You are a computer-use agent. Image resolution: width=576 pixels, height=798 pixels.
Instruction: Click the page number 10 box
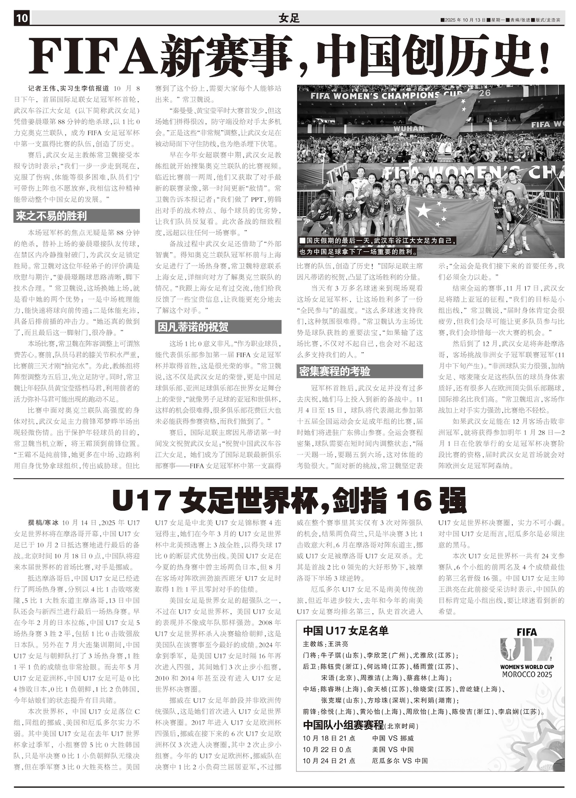tap(22, 18)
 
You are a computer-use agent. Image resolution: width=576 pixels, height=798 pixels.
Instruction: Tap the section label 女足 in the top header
tap(289, 18)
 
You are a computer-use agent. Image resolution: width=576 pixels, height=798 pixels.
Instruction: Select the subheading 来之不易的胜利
tap(51, 216)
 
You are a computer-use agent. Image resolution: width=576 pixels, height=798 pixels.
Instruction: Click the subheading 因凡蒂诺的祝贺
tap(193, 327)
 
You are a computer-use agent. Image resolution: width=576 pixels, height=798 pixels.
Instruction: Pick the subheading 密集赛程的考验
tap(335, 372)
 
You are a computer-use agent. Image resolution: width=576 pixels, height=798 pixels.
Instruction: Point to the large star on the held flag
tap(423, 211)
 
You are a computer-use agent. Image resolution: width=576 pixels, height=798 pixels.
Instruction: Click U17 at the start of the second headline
tap(142, 501)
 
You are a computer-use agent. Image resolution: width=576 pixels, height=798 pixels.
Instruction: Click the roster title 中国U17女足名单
tap(346, 631)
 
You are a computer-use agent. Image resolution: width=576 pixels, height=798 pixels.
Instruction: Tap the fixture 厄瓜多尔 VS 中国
tap(399, 761)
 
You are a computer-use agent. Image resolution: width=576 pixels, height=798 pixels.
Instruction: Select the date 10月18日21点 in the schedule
tap(329, 738)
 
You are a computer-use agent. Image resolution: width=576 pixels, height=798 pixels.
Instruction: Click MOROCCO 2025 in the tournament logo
tap(527, 674)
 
